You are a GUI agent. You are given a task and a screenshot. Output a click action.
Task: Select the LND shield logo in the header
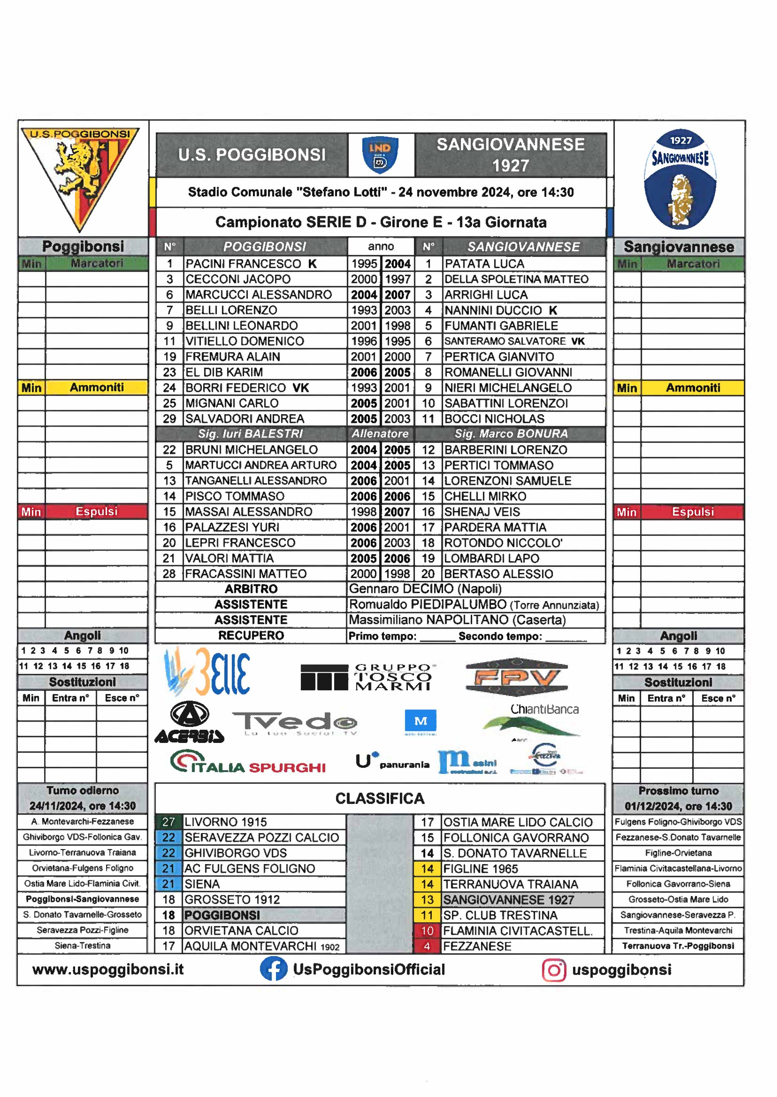[381, 155]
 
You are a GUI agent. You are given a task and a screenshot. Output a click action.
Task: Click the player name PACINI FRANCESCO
[243, 264]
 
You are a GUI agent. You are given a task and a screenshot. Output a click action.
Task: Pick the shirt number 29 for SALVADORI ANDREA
[169, 419]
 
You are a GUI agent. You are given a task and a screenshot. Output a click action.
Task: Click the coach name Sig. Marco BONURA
[511, 434]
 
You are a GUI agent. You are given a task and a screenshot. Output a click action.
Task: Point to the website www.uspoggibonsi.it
[108, 969]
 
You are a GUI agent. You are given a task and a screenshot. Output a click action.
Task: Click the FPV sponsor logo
[517, 677]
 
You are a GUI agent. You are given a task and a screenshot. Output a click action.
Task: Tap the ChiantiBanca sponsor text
[544, 709]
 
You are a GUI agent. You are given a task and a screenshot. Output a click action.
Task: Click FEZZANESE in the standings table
[477, 946]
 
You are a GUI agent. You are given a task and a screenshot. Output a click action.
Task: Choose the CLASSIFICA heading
[380, 798]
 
